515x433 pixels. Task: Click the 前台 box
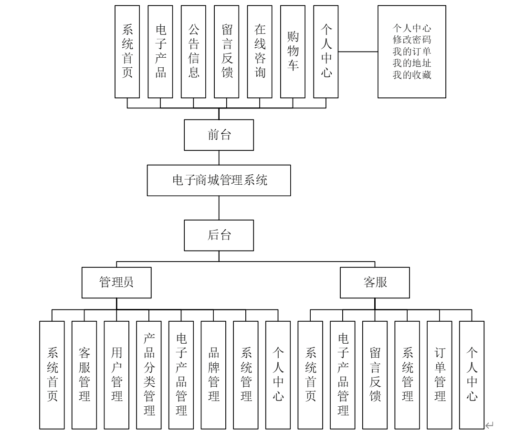coord(219,135)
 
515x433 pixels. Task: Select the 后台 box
coord(219,235)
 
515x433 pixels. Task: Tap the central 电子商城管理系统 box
coord(219,180)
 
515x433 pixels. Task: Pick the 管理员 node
coord(116,282)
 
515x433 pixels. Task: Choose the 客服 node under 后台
coord(375,282)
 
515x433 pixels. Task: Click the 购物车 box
coord(293,52)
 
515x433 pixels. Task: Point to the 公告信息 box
coord(193,52)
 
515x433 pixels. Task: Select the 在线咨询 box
coord(260,52)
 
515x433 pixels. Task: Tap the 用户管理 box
coord(116,375)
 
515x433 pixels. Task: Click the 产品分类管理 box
coord(149,375)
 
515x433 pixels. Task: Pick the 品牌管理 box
coord(213,375)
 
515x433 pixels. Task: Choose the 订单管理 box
coord(440,375)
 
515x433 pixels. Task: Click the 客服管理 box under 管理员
coord(84,375)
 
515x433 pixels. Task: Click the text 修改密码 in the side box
coord(412,40)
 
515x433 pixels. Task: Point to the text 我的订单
coord(412,52)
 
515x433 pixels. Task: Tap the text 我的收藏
coord(412,75)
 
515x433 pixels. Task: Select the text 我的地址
coord(412,63)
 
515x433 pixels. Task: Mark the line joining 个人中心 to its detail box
coord(358,52)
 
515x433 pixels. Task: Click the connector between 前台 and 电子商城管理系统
coord(219,158)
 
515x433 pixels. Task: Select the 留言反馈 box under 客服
coord(375,375)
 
